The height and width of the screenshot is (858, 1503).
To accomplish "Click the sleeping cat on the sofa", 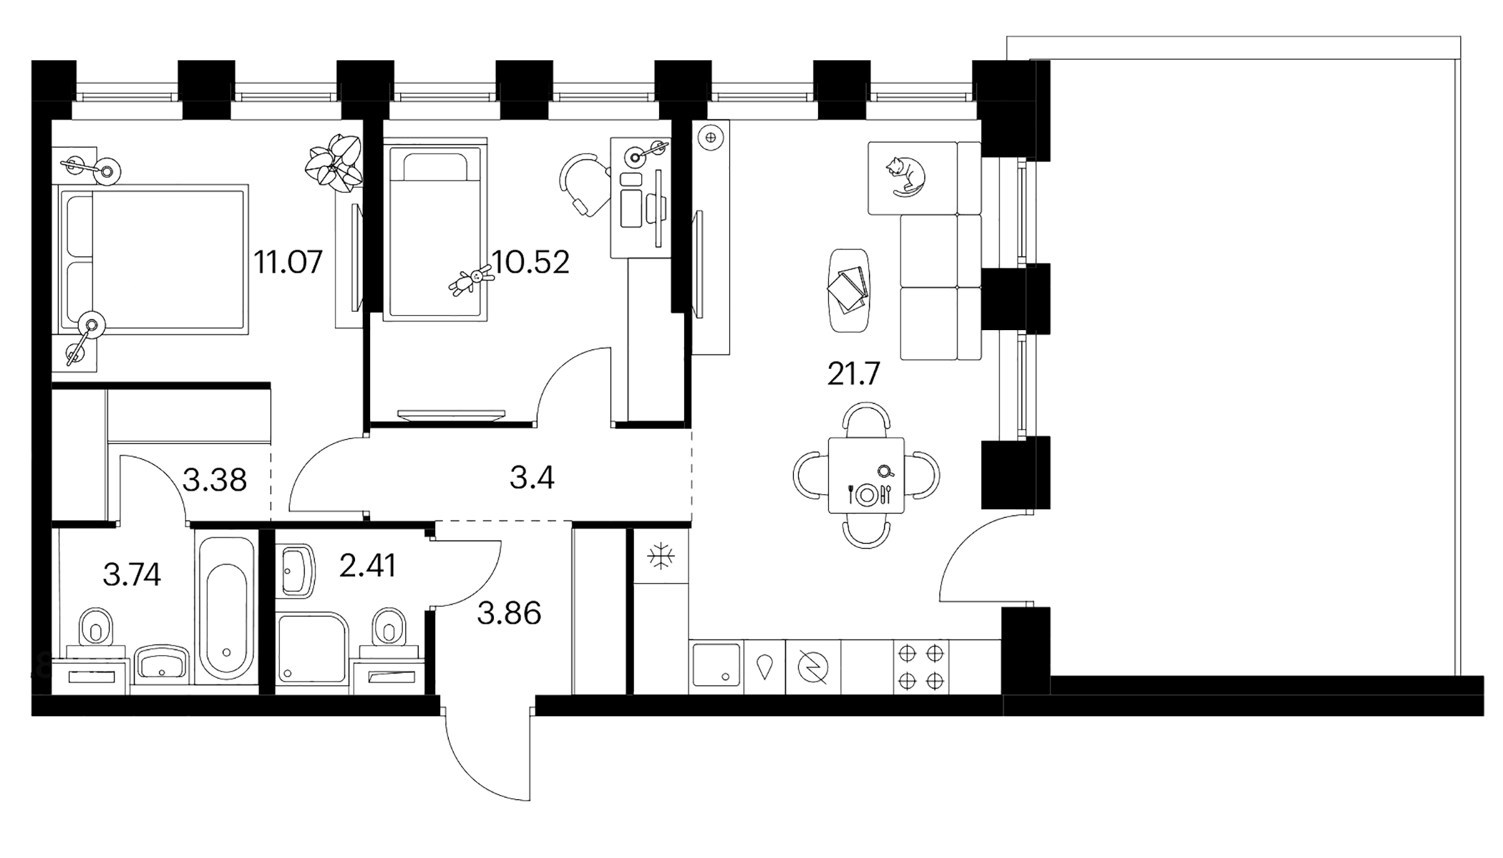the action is pos(905,176).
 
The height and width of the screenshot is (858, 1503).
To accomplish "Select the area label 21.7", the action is pos(853,375).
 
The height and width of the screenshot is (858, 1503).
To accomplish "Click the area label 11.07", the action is pos(288,262).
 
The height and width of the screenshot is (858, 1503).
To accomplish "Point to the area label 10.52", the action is pos(531,263).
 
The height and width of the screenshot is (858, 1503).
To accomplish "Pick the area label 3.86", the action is pos(509,614).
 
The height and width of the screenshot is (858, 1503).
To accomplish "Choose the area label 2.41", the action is pos(367,567).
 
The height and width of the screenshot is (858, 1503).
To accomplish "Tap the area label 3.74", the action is pos(132,574).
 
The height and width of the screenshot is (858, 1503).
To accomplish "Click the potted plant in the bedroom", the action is pos(334,163).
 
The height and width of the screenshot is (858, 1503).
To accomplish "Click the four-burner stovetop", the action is pos(921,667).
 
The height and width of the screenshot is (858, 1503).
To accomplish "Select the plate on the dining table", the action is pos(867,494).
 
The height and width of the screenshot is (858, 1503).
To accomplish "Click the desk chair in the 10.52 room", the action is pos(583,184).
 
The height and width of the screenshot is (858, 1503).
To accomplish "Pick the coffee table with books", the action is pos(849,290).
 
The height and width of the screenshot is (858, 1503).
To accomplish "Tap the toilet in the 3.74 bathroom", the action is pos(97,629).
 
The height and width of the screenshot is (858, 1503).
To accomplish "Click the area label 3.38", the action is pos(215,480).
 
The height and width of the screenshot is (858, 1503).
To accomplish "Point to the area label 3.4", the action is pos(532,477).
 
